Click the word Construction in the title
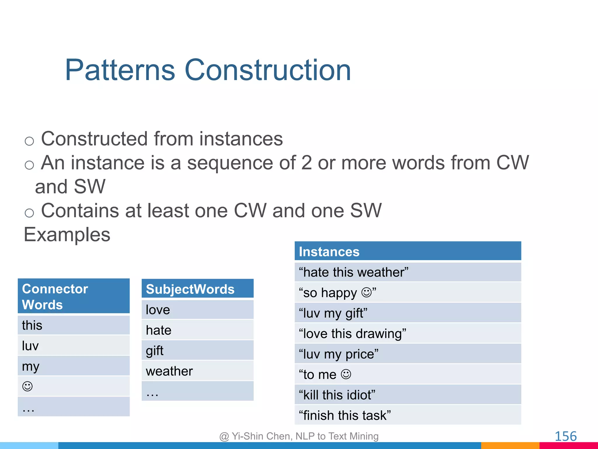click(x=267, y=70)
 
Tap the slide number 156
click(x=565, y=436)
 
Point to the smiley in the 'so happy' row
click(x=366, y=292)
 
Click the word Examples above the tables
click(x=67, y=234)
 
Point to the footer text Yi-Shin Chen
click(x=262, y=436)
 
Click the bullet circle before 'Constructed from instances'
click(x=29, y=141)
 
